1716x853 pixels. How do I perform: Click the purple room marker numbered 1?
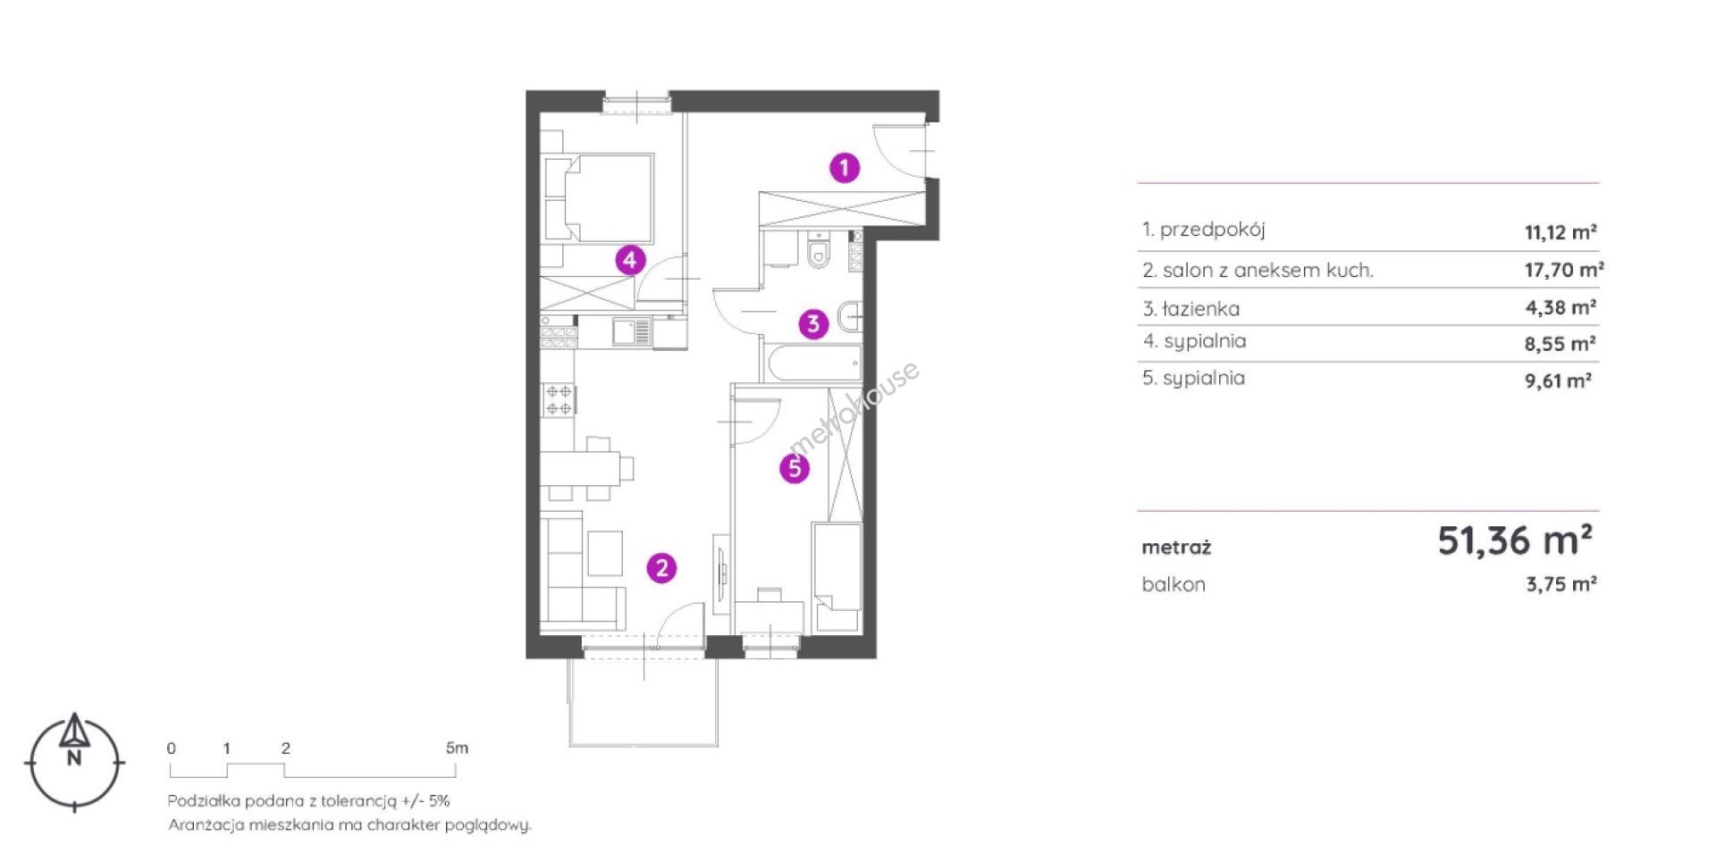[845, 167]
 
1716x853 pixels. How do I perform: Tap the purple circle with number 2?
[661, 567]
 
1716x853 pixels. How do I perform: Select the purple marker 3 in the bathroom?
[813, 323]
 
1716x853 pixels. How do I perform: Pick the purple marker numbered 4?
[630, 260]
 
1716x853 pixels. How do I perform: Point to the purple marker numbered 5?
[795, 468]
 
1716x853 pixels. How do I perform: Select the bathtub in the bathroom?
[812, 364]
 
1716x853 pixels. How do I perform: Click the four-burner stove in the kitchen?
[559, 400]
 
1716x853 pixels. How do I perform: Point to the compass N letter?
[75, 759]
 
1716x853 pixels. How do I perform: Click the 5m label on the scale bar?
[457, 748]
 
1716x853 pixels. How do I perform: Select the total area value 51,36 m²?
[1515, 540]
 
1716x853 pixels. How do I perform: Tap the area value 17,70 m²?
[1564, 270]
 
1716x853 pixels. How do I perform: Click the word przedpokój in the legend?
[1213, 230]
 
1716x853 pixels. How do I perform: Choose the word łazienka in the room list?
[1201, 309]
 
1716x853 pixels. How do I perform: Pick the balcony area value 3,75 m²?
[1561, 584]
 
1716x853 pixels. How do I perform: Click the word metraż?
[1176, 548]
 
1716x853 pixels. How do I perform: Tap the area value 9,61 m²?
[1558, 381]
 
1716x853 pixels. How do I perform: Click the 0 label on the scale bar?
[172, 748]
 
